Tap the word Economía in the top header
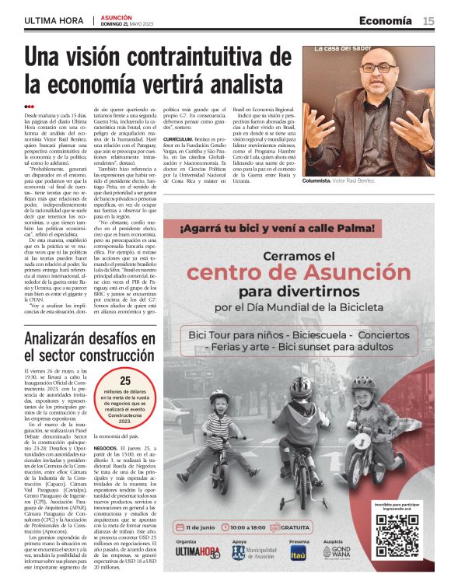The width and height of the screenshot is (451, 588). tap(385, 20)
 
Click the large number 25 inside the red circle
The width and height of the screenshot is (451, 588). tap(124, 380)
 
